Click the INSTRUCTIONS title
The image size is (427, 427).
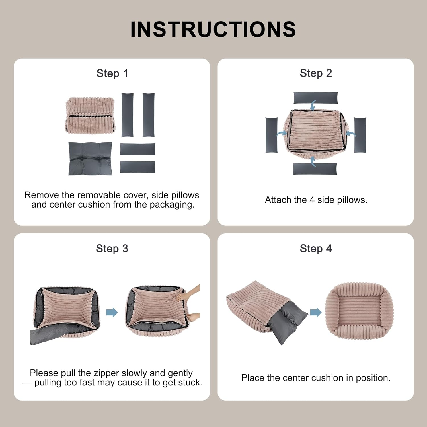pos(213,29)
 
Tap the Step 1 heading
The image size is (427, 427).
pos(112,73)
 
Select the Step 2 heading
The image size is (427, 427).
pos(316,73)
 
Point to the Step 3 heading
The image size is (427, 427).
pos(112,249)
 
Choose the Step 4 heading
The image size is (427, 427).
pos(316,249)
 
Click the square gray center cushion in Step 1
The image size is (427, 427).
pos(90,159)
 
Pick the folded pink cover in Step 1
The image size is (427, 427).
pos(91,115)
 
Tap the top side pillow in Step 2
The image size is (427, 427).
pos(315,98)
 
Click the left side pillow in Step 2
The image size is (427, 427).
pos(271,135)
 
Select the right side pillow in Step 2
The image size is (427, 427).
pos(360,135)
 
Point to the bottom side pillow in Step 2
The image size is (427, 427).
pos(315,169)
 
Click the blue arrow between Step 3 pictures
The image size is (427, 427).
pos(112,312)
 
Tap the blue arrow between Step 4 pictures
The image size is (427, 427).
pos(316,312)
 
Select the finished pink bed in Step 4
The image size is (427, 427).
pos(359,312)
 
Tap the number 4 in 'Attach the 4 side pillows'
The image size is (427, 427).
pos(312,200)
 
